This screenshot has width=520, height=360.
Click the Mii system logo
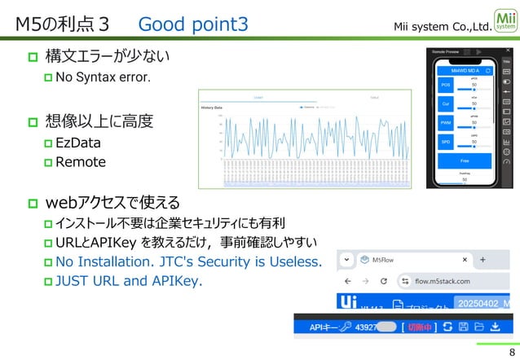[x=505, y=20]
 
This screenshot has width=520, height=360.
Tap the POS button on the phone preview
[x=446, y=85]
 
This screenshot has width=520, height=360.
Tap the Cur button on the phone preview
[x=446, y=104]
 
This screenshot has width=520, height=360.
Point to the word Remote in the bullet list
[x=81, y=162]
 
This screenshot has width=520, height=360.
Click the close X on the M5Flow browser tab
[x=465, y=260]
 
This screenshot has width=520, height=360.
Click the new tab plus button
[x=483, y=260]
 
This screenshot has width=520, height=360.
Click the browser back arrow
[x=349, y=281]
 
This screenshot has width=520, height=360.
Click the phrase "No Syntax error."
[x=103, y=78]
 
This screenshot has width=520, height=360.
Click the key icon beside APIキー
[x=346, y=327]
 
